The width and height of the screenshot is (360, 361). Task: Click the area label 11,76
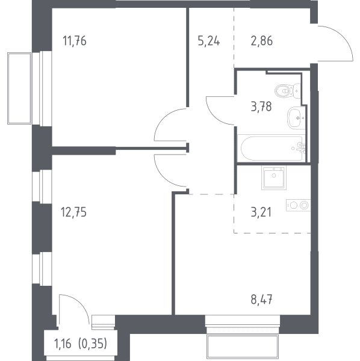tap(75, 41)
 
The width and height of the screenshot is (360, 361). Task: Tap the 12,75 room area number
tap(73, 212)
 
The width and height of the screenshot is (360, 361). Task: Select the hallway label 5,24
tap(209, 41)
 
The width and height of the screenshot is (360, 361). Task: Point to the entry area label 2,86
tap(262, 41)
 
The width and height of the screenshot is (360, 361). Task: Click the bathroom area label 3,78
tap(261, 107)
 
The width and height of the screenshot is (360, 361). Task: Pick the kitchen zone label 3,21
tap(261, 212)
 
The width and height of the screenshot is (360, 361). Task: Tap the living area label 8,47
tap(261, 300)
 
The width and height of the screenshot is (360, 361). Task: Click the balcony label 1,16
tap(63, 344)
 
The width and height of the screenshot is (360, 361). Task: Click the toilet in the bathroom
tap(288, 91)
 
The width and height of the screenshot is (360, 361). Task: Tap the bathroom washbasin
tap(296, 118)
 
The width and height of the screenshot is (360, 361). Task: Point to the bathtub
tap(272, 148)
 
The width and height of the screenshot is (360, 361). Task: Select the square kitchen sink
tap(274, 179)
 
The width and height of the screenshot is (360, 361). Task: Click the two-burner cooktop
tap(298, 205)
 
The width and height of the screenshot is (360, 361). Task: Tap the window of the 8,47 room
tap(243, 324)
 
